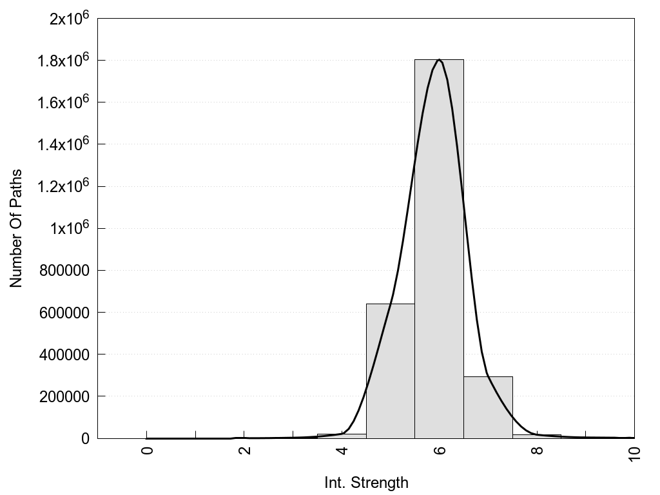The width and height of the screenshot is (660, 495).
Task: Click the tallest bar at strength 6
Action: tap(439, 248)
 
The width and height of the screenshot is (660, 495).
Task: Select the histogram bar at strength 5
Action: tap(390, 371)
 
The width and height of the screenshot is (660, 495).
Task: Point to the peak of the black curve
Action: tap(439, 59)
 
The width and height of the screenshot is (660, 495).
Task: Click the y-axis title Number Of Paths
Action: tap(16, 228)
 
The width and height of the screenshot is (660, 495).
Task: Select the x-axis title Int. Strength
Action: tap(365, 482)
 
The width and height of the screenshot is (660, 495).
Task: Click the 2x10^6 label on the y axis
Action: tap(69, 19)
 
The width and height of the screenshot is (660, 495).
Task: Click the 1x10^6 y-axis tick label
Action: tap(69, 229)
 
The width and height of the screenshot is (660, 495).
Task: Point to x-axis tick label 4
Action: tap(342, 450)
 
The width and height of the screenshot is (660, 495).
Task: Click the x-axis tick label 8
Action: tap(538, 450)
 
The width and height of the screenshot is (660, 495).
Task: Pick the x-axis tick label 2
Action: tap(245, 450)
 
